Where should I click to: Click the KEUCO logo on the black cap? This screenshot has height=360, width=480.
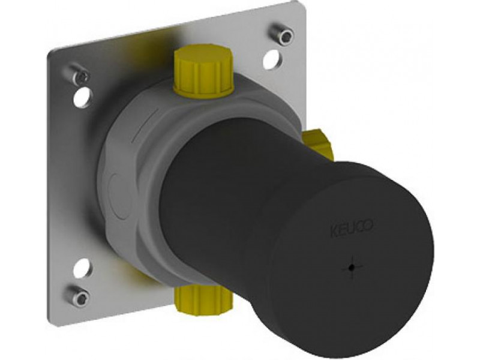coord(352,227)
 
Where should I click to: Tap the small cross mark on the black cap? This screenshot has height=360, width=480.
coord(353,268)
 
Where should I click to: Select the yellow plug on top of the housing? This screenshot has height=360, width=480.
coord(203,70)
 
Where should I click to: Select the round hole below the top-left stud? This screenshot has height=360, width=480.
coord(82,97)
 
